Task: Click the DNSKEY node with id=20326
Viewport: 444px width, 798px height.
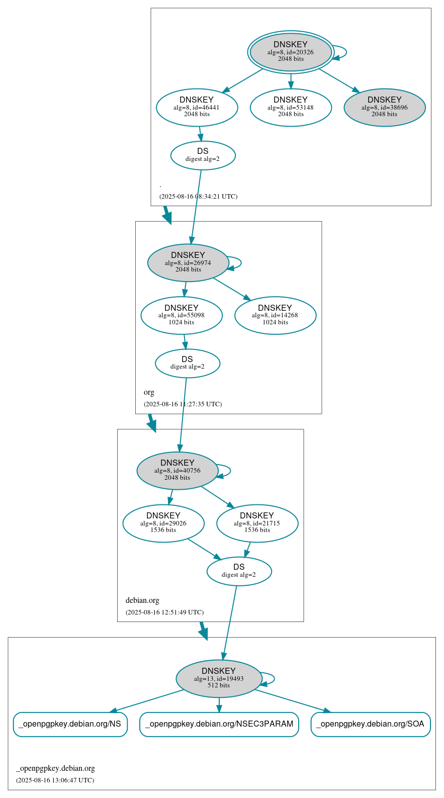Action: (x=291, y=52)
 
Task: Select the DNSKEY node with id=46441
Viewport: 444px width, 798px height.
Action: (x=197, y=107)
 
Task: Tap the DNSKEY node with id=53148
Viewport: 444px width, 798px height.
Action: (x=291, y=107)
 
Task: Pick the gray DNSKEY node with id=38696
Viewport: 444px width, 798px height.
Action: (x=385, y=107)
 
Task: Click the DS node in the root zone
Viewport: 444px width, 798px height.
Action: (x=203, y=155)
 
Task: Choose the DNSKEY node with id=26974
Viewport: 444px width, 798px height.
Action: (x=188, y=262)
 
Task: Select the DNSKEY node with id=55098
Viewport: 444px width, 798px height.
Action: (x=182, y=315)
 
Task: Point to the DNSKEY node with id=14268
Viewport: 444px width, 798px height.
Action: (x=275, y=315)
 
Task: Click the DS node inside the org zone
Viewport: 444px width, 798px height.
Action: (x=187, y=363)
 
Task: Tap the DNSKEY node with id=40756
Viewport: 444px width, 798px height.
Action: (x=177, y=471)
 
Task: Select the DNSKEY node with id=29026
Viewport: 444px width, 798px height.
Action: (x=163, y=523)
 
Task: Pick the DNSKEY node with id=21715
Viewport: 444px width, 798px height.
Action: (x=257, y=523)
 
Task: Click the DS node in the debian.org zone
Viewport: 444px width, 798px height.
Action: (x=239, y=571)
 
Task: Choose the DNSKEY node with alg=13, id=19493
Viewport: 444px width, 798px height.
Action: (x=219, y=678)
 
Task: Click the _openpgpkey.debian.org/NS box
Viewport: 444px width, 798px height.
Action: (x=70, y=724)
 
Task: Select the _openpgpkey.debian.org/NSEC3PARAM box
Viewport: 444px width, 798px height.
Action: (x=219, y=724)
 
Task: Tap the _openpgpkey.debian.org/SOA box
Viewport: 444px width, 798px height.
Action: (x=370, y=724)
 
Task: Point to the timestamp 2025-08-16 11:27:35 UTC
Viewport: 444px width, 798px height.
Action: (x=183, y=404)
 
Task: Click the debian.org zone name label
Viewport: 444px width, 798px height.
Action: (x=142, y=600)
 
